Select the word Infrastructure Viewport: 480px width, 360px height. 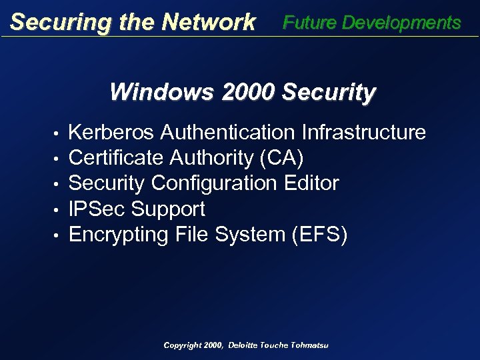pos(364,133)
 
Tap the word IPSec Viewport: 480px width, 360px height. pos(97,209)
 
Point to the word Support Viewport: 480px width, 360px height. pos(168,209)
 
